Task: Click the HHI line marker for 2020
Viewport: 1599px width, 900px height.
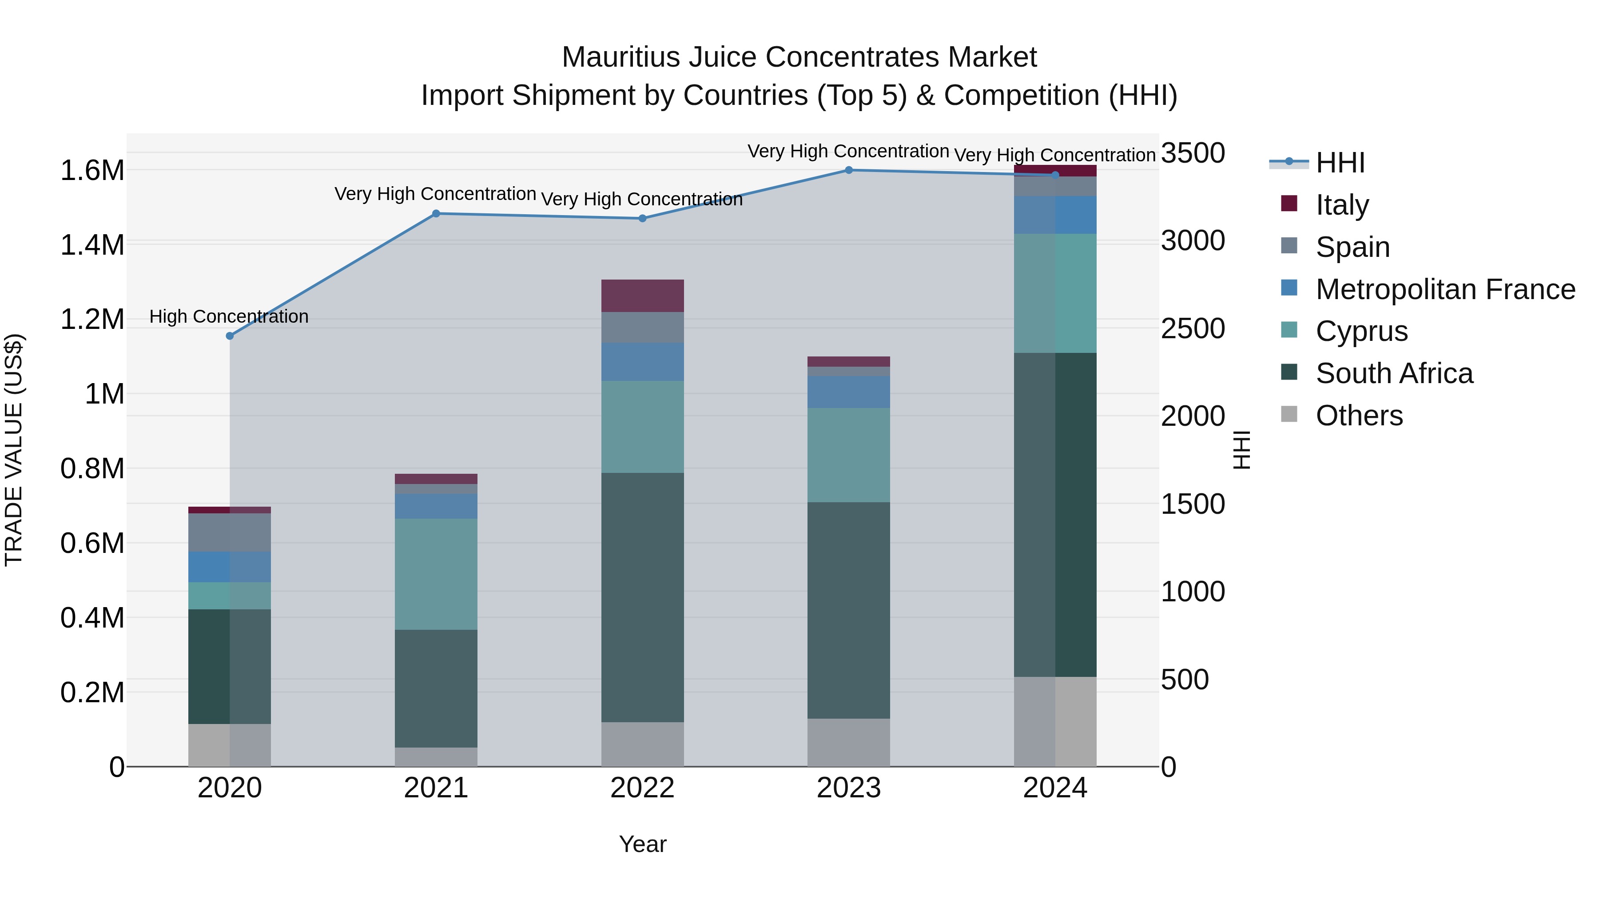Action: coord(230,336)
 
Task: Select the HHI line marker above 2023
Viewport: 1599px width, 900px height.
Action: coord(848,170)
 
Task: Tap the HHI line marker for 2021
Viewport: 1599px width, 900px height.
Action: coord(436,214)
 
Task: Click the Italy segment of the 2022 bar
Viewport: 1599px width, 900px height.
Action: coord(642,296)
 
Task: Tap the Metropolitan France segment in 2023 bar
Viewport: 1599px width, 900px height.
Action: coord(848,391)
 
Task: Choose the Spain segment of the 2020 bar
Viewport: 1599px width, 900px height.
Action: coord(230,532)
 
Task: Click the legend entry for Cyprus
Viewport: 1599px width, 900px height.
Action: coord(1361,331)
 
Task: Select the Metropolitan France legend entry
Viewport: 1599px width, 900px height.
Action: coord(1444,289)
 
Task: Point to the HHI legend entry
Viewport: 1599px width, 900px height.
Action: coord(1340,163)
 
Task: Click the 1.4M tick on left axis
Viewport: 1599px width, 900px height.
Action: coord(92,245)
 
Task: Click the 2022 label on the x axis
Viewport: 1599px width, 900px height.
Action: coord(642,788)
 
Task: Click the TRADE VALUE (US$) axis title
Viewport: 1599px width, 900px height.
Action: coord(14,450)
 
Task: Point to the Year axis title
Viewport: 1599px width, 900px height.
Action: coord(642,844)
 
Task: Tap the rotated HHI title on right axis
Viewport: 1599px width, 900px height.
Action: coord(1241,450)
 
